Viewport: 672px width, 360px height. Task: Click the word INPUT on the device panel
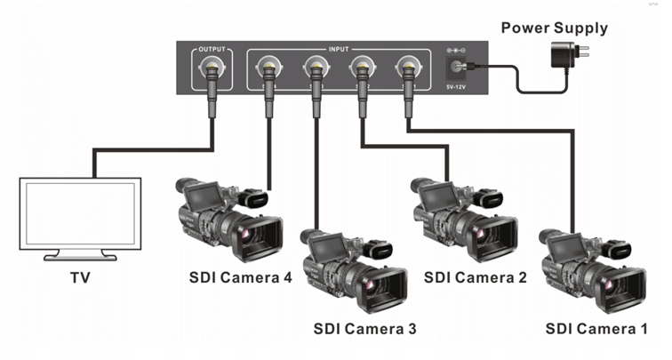click(338, 49)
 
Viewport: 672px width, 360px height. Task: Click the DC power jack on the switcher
click(460, 66)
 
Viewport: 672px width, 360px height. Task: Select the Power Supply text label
click(554, 28)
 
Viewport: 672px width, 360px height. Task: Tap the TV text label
click(80, 278)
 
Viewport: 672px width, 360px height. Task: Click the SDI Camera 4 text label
click(240, 277)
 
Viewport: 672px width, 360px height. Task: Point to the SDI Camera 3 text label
click(364, 328)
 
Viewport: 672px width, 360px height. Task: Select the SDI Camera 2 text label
click(476, 277)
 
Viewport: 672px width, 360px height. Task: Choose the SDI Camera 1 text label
click(604, 328)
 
